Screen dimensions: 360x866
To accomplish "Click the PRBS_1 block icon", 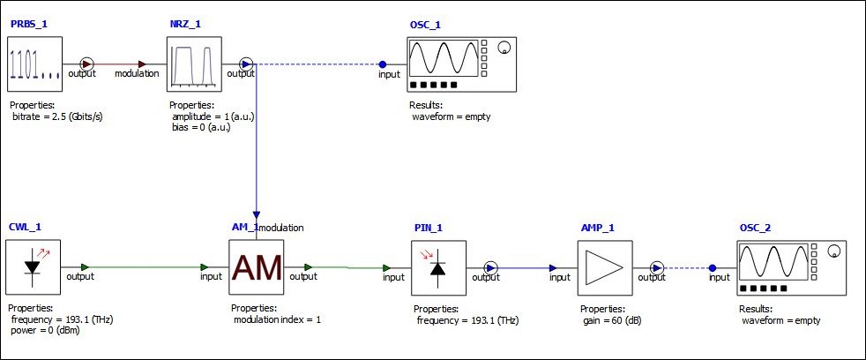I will (x=36, y=64).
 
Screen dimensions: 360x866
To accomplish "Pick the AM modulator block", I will (x=257, y=267).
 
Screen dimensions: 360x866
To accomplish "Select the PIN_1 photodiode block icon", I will (x=438, y=267).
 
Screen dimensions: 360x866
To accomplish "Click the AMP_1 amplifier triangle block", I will (x=605, y=267).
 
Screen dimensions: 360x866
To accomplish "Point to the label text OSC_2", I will (x=755, y=229).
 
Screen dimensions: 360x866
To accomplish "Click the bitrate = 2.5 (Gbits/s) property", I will (x=56, y=116).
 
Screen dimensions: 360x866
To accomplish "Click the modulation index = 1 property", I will (x=276, y=319).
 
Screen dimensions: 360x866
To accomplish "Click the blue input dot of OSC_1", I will (x=383, y=64).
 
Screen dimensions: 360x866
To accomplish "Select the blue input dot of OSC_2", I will (x=713, y=267).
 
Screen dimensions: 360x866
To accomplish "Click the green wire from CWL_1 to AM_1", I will (x=146, y=267).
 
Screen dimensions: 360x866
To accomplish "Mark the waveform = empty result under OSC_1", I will (x=451, y=116).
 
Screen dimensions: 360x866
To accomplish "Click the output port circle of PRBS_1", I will (x=86, y=64).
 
